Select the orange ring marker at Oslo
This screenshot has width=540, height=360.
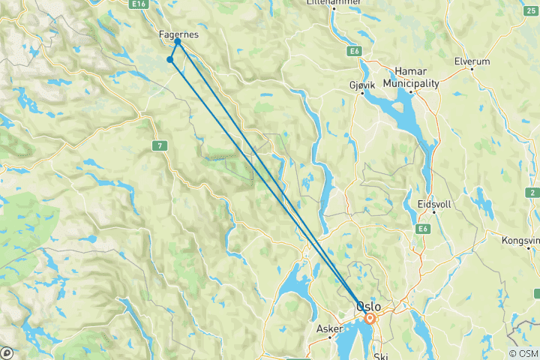[370, 318]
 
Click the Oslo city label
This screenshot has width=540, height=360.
[367, 307]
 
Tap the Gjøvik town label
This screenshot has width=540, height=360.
[362, 85]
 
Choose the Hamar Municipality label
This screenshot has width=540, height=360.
[411, 77]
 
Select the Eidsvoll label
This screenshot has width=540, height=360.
[432, 204]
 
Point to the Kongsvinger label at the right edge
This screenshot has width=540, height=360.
[523, 241]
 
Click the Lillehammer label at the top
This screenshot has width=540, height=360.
[334, 3]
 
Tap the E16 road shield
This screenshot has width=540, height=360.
[136, 4]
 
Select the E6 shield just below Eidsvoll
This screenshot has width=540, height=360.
[424, 229]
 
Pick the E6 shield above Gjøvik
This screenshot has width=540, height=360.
[354, 51]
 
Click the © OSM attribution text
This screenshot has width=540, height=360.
[523, 352]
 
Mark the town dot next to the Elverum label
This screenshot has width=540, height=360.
[471, 69]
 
